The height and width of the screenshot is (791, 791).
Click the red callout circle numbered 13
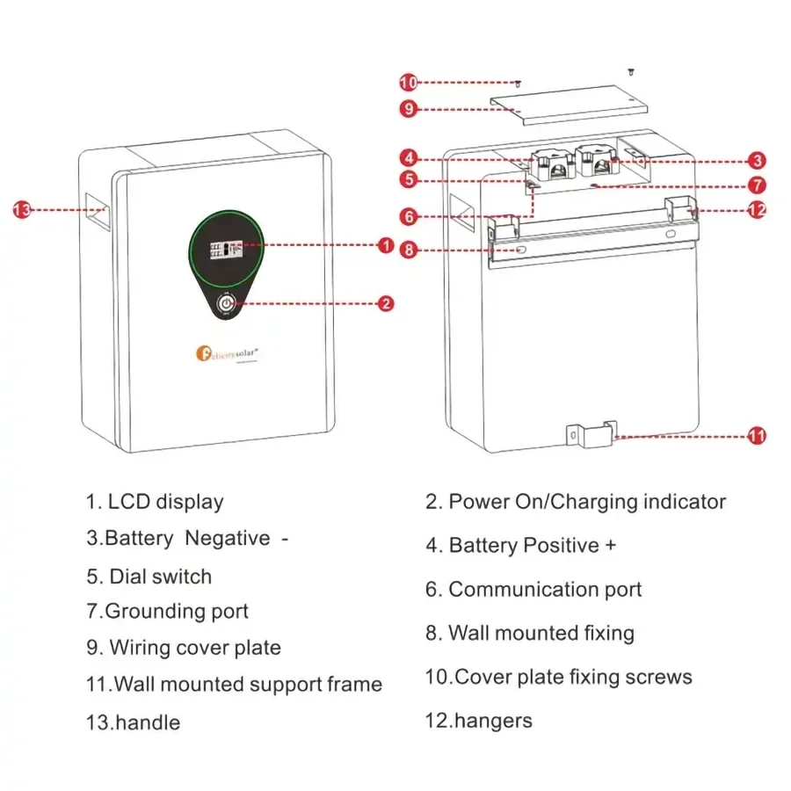click(22, 209)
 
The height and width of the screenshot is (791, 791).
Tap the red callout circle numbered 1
click(385, 246)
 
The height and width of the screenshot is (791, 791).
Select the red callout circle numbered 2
click(385, 304)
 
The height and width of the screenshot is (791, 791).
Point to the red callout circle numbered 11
click(757, 436)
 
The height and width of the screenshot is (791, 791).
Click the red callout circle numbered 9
click(408, 109)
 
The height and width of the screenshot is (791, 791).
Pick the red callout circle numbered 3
click(758, 161)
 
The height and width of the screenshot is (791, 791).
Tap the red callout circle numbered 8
click(408, 250)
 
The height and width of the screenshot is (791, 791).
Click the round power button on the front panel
click(227, 304)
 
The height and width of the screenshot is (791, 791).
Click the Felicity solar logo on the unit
click(225, 352)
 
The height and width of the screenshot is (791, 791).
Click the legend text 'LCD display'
click(155, 502)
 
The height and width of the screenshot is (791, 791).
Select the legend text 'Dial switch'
click(149, 577)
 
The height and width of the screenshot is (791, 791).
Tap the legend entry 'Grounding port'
click(168, 611)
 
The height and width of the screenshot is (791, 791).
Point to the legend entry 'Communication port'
click(534, 589)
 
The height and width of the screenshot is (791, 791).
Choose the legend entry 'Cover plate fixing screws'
click(559, 677)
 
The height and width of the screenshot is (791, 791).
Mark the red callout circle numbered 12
click(757, 210)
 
